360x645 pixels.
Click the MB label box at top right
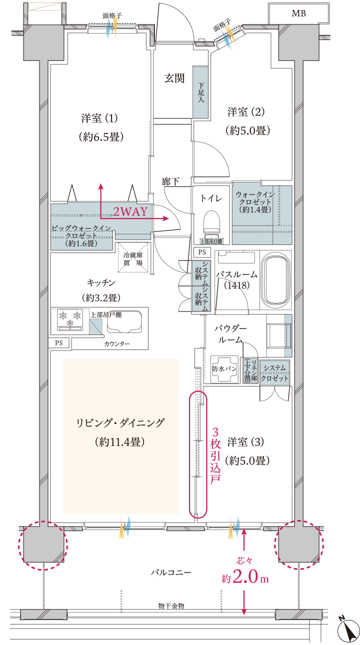[x=299, y=13]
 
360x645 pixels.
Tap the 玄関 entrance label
[x=174, y=78]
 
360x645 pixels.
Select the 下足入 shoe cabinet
[x=200, y=92]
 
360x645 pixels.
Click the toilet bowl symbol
[x=211, y=221]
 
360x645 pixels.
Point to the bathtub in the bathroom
[x=276, y=279]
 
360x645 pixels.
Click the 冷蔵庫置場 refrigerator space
[x=133, y=258]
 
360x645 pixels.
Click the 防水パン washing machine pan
[x=224, y=369]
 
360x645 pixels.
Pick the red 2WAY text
[x=130, y=211]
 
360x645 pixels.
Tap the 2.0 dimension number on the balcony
[x=245, y=578]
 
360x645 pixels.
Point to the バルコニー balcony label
[x=171, y=571]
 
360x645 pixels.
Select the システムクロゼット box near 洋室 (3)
[x=275, y=373]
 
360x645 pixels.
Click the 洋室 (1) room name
[x=99, y=118]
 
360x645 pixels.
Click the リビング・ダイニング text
[x=120, y=423]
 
